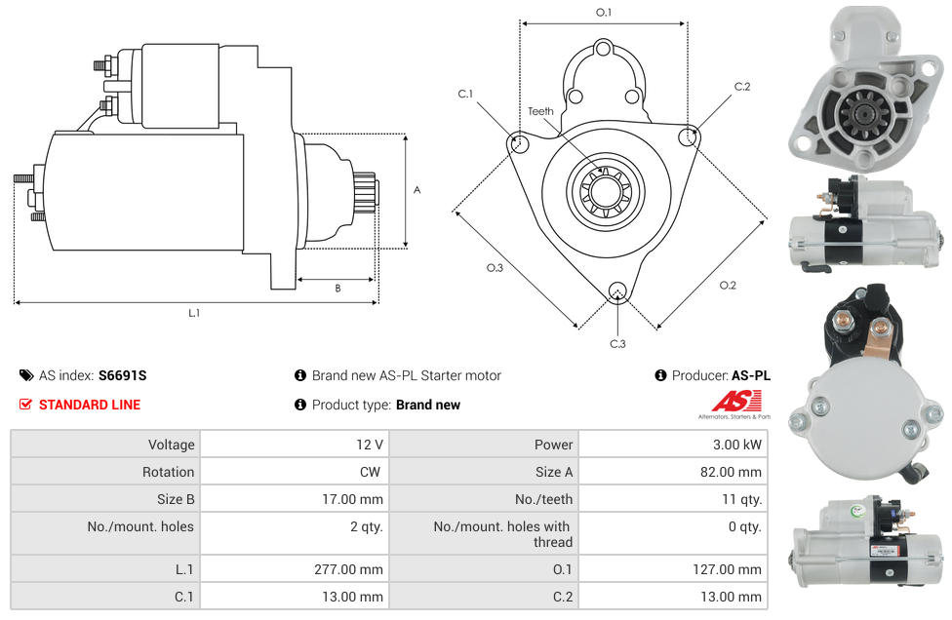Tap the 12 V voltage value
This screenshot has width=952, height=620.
click(370, 445)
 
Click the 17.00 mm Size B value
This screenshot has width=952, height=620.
click(357, 499)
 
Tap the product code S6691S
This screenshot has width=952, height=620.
click(123, 375)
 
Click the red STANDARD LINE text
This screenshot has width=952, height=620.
click(90, 405)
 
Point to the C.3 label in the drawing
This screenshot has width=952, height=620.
click(617, 344)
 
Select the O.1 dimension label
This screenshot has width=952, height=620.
click(604, 13)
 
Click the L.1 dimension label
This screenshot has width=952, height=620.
click(194, 313)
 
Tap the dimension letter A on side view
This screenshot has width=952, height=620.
click(416, 190)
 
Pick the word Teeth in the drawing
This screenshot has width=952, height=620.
click(540, 111)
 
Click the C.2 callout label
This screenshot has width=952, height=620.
click(742, 87)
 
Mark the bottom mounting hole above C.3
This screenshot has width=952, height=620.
click(616, 290)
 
